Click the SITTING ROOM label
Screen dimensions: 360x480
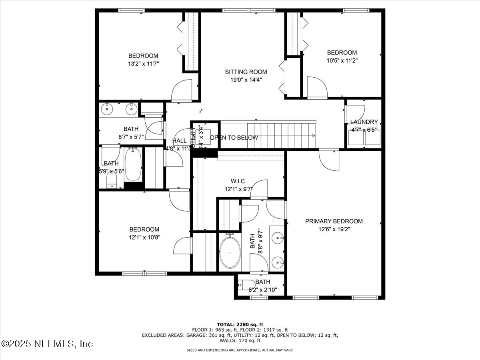(x=246, y=72)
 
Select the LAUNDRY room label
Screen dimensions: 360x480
(x=364, y=122)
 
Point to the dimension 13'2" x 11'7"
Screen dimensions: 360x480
(x=143, y=64)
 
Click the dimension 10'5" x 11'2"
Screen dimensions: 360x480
(x=342, y=60)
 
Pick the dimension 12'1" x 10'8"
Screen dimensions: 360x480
(x=144, y=237)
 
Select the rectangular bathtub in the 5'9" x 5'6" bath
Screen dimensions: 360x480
(x=132, y=164)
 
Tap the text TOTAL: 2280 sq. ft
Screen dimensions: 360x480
(x=240, y=324)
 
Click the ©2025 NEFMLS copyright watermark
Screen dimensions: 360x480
(x=47, y=344)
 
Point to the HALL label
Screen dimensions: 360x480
(x=179, y=141)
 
